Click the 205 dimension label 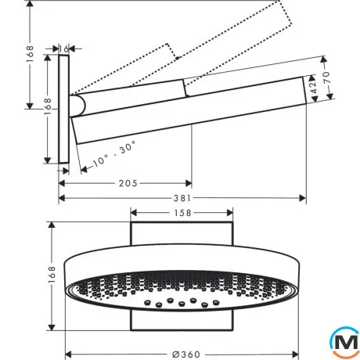pos(128,183)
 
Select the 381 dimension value pos(182,198)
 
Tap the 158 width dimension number pos(182,213)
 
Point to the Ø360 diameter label pos(186,355)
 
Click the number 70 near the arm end pos(327,77)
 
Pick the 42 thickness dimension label pos(314,87)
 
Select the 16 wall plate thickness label pos(63,49)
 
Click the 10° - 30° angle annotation pos(114,154)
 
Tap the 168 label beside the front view pos(52,275)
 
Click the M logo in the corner pos(345,342)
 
